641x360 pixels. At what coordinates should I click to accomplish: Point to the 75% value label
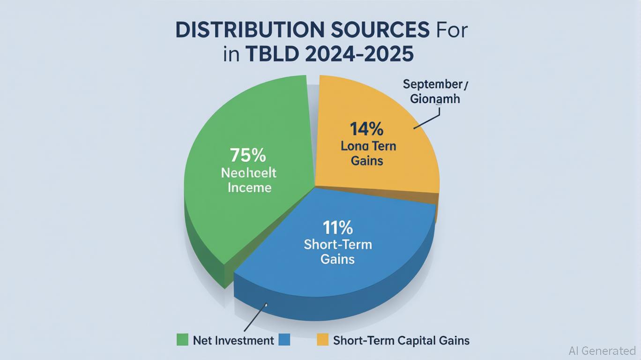(248, 155)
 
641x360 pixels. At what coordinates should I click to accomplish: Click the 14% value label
(367, 128)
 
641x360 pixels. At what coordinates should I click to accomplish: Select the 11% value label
(337, 228)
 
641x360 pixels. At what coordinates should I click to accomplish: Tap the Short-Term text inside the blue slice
(337, 244)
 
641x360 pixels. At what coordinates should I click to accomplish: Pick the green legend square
(182, 340)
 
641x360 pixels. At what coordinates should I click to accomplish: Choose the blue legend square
(284, 340)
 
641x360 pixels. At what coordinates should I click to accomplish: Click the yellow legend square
(323, 340)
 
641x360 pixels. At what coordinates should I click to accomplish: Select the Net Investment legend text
(233, 340)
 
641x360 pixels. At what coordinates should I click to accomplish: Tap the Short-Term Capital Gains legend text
(401, 340)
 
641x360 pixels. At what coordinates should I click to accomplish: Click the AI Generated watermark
(602, 351)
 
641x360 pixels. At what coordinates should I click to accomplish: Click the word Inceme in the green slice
(249, 188)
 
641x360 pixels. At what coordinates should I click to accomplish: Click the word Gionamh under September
(435, 99)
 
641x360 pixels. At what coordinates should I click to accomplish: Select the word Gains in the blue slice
(337, 259)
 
